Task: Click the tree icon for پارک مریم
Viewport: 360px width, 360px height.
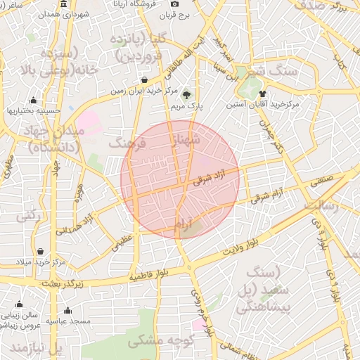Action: pyautogui.click(x=186, y=96)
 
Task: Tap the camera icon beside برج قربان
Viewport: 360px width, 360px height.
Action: pyautogui.click(x=174, y=4)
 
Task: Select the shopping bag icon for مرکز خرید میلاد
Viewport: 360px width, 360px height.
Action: pyautogui.click(x=40, y=252)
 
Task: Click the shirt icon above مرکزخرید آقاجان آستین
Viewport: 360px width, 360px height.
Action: pyautogui.click(x=262, y=93)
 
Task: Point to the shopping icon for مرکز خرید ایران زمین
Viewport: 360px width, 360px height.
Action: pyautogui.click(x=144, y=80)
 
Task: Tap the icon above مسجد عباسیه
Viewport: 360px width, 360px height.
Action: pyautogui.click(x=67, y=310)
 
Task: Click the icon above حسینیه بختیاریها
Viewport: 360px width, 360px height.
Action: pyautogui.click(x=33, y=100)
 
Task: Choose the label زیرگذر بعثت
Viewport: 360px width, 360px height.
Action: pyautogui.click(x=63, y=283)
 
